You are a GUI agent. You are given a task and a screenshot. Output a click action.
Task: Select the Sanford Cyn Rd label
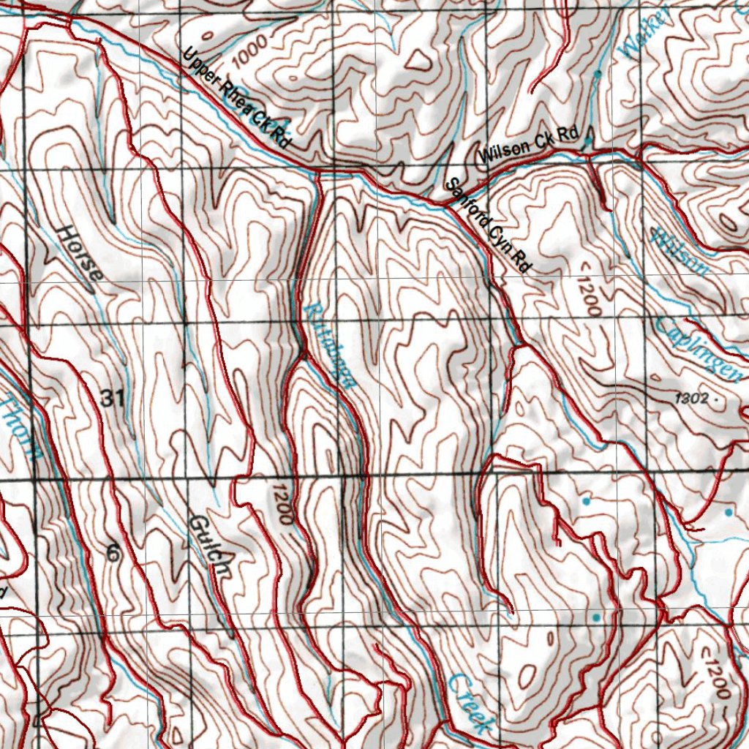pos(488,225)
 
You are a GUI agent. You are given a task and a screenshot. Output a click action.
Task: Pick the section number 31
pos(113,399)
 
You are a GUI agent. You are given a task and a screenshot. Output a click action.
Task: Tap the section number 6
pos(113,554)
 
